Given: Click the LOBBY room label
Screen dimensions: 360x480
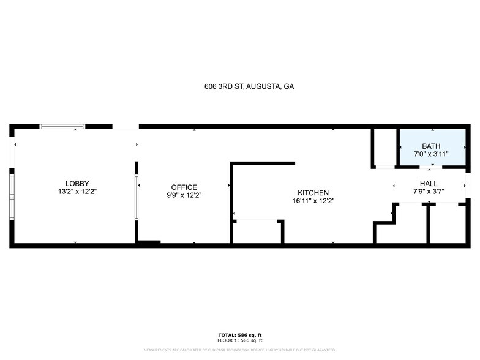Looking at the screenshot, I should (x=77, y=183).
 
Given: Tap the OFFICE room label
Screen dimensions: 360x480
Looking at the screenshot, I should (x=184, y=187).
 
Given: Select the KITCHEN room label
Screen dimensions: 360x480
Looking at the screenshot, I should (x=313, y=192).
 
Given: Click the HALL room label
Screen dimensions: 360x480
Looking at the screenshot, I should (x=429, y=184).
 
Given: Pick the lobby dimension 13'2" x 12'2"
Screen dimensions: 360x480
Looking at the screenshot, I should (x=77, y=192).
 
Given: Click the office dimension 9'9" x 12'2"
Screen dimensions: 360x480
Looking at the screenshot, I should (x=184, y=195).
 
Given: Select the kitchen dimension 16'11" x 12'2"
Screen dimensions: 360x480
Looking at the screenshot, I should (x=313, y=200).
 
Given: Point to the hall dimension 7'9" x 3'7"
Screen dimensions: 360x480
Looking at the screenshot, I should (x=429, y=192).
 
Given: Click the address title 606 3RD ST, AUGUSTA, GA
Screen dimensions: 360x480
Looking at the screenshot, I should (x=249, y=87).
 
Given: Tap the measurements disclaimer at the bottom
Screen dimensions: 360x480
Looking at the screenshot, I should (x=239, y=350).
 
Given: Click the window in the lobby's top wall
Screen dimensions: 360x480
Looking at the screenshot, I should (x=62, y=127).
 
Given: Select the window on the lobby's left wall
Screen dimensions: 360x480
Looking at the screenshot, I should (x=11, y=196).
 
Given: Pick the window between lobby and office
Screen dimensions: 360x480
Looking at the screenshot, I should (x=136, y=198).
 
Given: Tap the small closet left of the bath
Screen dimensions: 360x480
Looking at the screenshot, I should (x=384, y=147).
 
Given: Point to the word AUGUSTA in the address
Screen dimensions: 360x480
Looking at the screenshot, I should (x=263, y=87).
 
